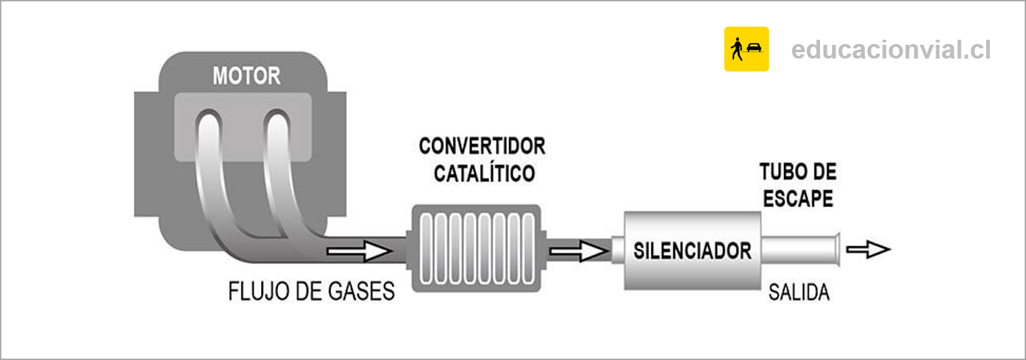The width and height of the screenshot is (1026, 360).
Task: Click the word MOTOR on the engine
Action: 246,76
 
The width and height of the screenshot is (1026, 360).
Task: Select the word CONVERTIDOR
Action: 483,146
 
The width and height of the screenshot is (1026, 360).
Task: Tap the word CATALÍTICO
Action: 485,173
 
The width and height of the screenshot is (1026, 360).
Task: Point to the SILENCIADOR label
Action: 693,251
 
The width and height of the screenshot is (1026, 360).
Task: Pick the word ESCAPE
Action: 798,199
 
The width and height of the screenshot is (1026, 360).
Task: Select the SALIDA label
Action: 799,292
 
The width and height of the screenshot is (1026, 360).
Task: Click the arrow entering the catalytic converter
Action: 360,251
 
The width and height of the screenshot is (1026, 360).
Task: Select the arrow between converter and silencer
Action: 580,251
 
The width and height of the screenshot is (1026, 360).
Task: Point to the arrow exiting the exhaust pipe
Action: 868,249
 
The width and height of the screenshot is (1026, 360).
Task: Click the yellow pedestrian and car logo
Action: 746,49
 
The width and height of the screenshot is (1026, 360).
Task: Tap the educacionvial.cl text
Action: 891,50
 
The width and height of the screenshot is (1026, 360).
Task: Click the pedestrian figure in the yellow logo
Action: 737,49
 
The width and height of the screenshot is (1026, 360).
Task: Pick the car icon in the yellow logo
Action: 754,47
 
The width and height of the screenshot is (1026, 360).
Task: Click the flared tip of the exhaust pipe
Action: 838,249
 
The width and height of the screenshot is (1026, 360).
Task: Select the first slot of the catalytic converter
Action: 426,249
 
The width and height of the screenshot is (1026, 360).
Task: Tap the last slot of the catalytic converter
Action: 528,249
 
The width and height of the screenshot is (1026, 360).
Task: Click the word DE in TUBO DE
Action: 826,172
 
